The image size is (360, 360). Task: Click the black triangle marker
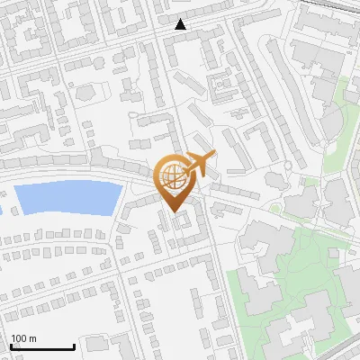click(x=181, y=24)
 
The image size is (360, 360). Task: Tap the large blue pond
click(x=68, y=197)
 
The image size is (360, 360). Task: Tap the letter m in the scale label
click(x=33, y=338)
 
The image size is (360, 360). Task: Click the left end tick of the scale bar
click(x=11, y=345)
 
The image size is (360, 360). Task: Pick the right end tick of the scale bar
click(x=74, y=345)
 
